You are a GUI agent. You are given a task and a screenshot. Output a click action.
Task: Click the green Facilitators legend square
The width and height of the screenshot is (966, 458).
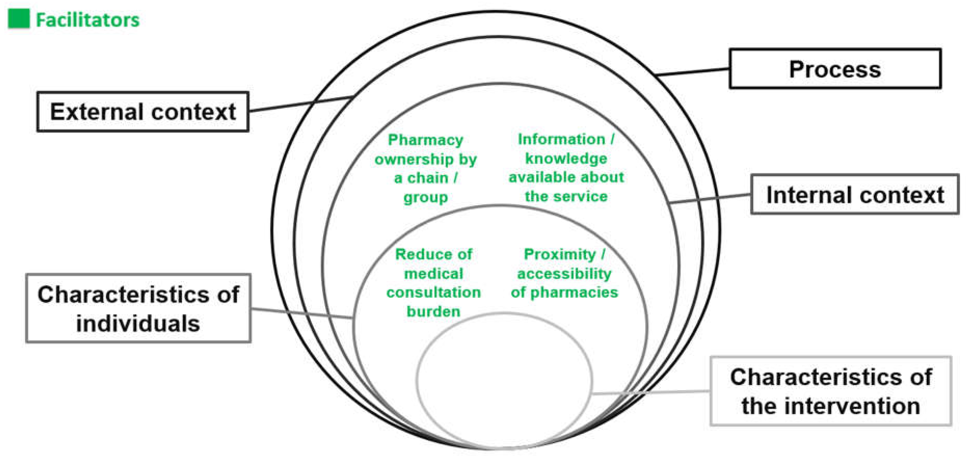click(x=18, y=19)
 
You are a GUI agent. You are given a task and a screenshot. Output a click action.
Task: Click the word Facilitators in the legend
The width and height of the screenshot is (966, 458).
click(x=87, y=20)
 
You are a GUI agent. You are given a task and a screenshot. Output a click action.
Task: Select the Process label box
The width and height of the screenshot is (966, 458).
click(x=835, y=69)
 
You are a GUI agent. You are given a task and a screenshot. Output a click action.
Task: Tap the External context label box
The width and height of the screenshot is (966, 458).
click(x=143, y=112)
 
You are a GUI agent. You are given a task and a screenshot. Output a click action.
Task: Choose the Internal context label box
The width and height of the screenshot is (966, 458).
click(x=855, y=194)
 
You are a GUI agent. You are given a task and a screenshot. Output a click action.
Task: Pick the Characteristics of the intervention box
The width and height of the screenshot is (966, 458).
click(x=831, y=391)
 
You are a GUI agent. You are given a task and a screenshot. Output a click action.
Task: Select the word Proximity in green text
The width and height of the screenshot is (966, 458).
click(x=560, y=254)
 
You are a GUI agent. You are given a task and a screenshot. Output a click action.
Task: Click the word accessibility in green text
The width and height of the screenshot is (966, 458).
click(x=564, y=274)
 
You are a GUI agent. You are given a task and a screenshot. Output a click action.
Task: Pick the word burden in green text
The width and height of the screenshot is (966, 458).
click(x=433, y=312)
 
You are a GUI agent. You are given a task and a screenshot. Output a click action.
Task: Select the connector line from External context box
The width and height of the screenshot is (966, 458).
click(x=300, y=104)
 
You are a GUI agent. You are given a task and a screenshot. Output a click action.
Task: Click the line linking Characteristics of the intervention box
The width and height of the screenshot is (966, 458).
click(x=651, y=392)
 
